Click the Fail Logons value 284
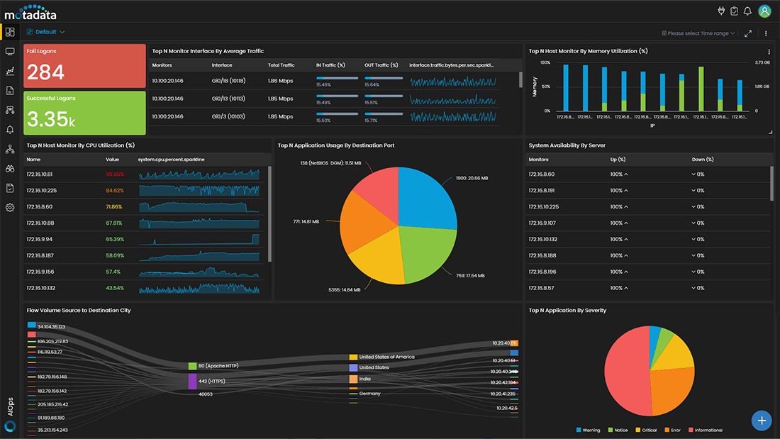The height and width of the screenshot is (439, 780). [45, 72]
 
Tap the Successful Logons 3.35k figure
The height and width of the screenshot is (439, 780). [50, 119]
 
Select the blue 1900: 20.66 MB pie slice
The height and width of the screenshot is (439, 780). [425, 195]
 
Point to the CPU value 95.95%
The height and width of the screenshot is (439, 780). [115, 174]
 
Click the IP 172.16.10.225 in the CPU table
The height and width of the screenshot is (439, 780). [42, 190]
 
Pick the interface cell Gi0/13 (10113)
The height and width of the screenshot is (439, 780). [228, 99]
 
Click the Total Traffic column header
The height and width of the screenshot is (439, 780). [282, 65]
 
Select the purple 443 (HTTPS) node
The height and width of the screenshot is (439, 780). [192, 381]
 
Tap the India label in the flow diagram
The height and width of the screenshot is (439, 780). [365, 379]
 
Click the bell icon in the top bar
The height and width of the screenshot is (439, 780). [747, 11]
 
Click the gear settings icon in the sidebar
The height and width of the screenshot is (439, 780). [10, 208]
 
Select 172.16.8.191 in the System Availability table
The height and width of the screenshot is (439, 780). [542, 190]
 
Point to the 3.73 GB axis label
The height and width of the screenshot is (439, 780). [762, 62]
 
